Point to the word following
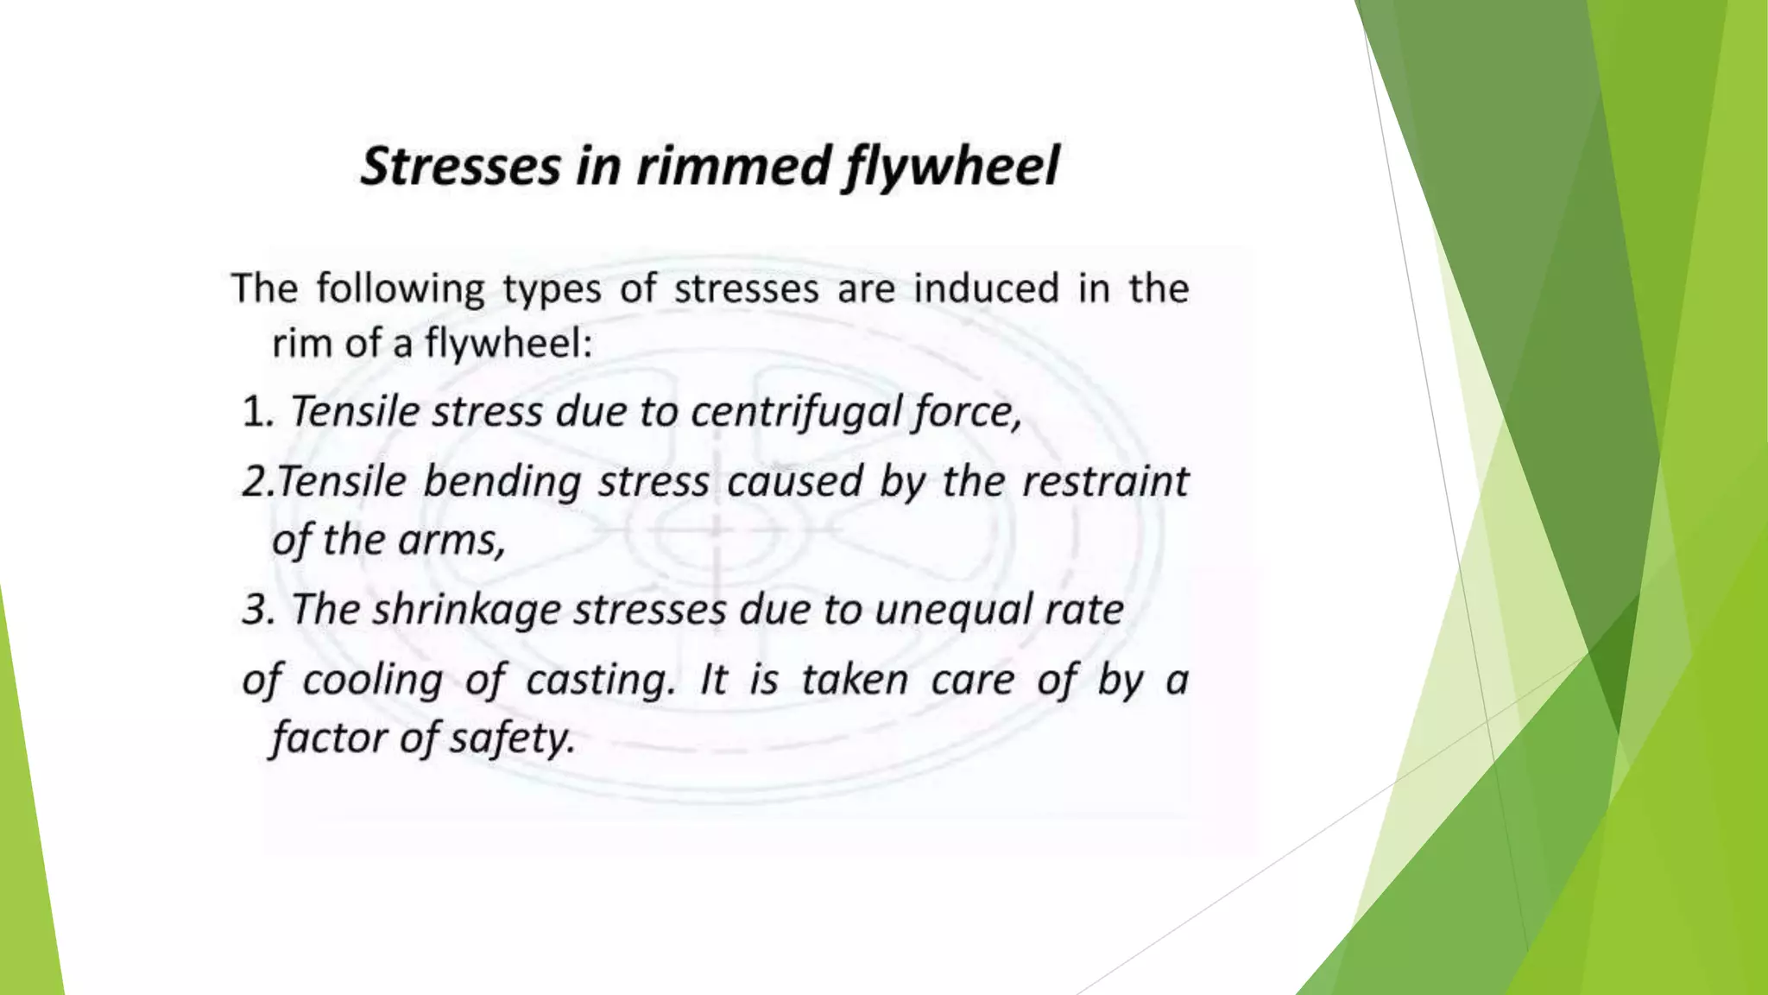(x=401, y=289)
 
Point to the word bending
(x=502, y=482)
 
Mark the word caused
(x=794, y=481)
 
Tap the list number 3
(x=257, y=610)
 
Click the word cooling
(x=372, y=681)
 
